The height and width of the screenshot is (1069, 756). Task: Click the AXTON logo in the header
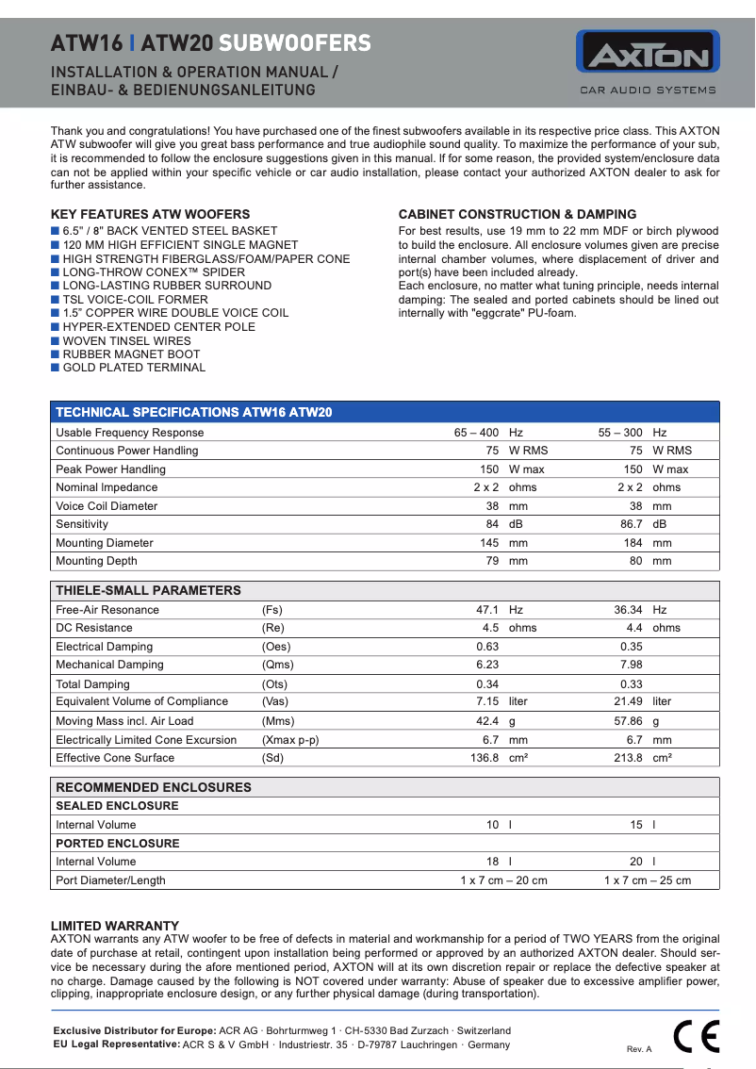tap(648, 53)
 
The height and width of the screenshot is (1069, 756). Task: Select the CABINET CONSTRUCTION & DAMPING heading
tap(518, 214)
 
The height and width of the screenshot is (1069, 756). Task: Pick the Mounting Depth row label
tap(96, 561)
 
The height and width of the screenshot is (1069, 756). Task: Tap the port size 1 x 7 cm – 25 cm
tap(647, 880)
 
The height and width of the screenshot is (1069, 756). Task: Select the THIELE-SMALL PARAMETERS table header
tap(148, 590)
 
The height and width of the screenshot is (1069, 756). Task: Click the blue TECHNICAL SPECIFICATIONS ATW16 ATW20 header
tap(193, 412)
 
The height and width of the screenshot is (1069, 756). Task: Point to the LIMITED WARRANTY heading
tap(114, 927)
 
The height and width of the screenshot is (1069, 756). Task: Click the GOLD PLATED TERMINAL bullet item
tap(133, 368)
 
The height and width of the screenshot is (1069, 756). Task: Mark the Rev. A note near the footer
tap(639, 1049)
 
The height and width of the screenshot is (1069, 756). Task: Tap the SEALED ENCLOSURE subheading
tap(117, 806)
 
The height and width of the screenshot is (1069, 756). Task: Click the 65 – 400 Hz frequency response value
tap(488, 433)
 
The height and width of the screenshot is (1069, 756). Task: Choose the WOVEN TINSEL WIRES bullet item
tap(126, 340)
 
